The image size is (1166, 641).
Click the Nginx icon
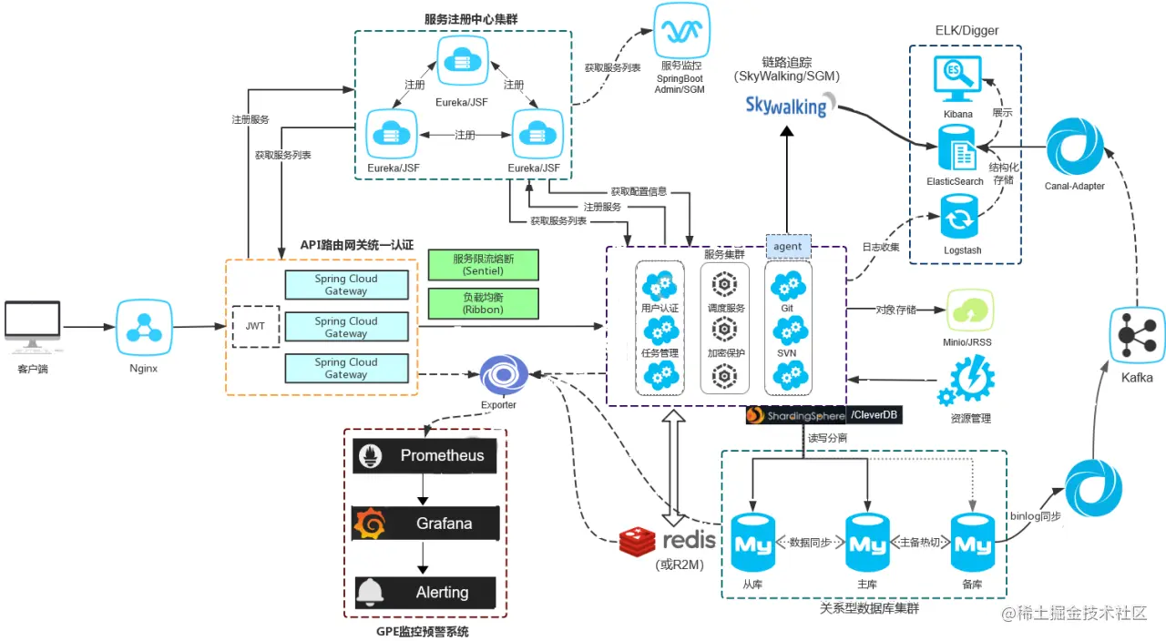144,326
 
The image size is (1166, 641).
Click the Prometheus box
425,455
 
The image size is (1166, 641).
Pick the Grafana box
425,524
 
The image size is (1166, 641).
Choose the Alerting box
425,593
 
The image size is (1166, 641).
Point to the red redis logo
638,542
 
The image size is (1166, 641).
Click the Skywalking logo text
786,105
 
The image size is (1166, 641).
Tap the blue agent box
787,246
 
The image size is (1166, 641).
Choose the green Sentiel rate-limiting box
483,265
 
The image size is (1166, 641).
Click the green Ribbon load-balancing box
483,303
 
